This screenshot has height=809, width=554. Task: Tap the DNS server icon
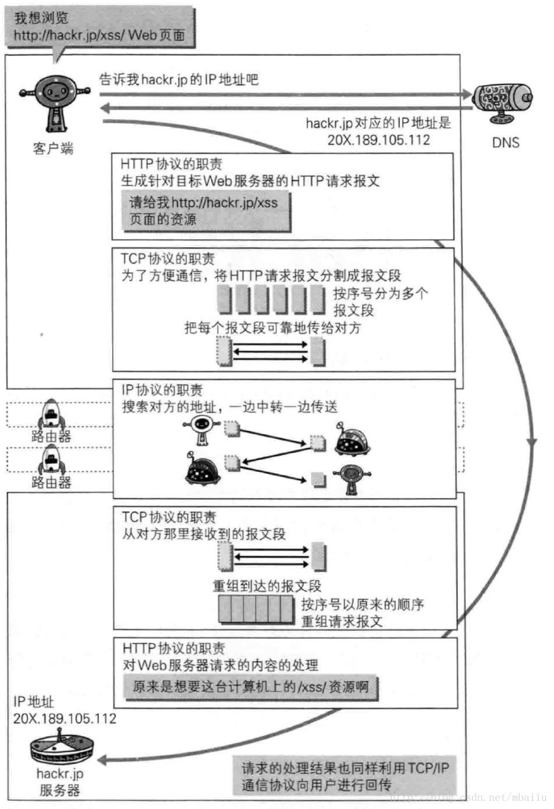point(502,102)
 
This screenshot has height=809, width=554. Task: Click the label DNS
point(505,143)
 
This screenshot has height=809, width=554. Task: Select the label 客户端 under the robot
point(53,148)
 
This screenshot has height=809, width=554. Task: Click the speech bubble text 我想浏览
point(41,18)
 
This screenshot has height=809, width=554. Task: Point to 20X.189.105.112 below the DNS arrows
point(378,140)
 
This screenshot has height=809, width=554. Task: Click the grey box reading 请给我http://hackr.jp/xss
point(207,211)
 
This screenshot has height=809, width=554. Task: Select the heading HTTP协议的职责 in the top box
point(171,164)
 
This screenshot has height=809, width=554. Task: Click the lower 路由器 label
point(51,482)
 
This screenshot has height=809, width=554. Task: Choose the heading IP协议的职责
point(162,390)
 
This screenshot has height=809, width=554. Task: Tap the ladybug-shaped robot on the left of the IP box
point(202,469)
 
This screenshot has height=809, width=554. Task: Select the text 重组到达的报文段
point(267,586)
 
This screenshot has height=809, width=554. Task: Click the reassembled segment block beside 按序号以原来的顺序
point(257,609)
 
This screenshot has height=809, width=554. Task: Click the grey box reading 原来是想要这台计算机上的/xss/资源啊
point(250,687)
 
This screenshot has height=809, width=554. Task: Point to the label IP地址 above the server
point(33,702)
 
